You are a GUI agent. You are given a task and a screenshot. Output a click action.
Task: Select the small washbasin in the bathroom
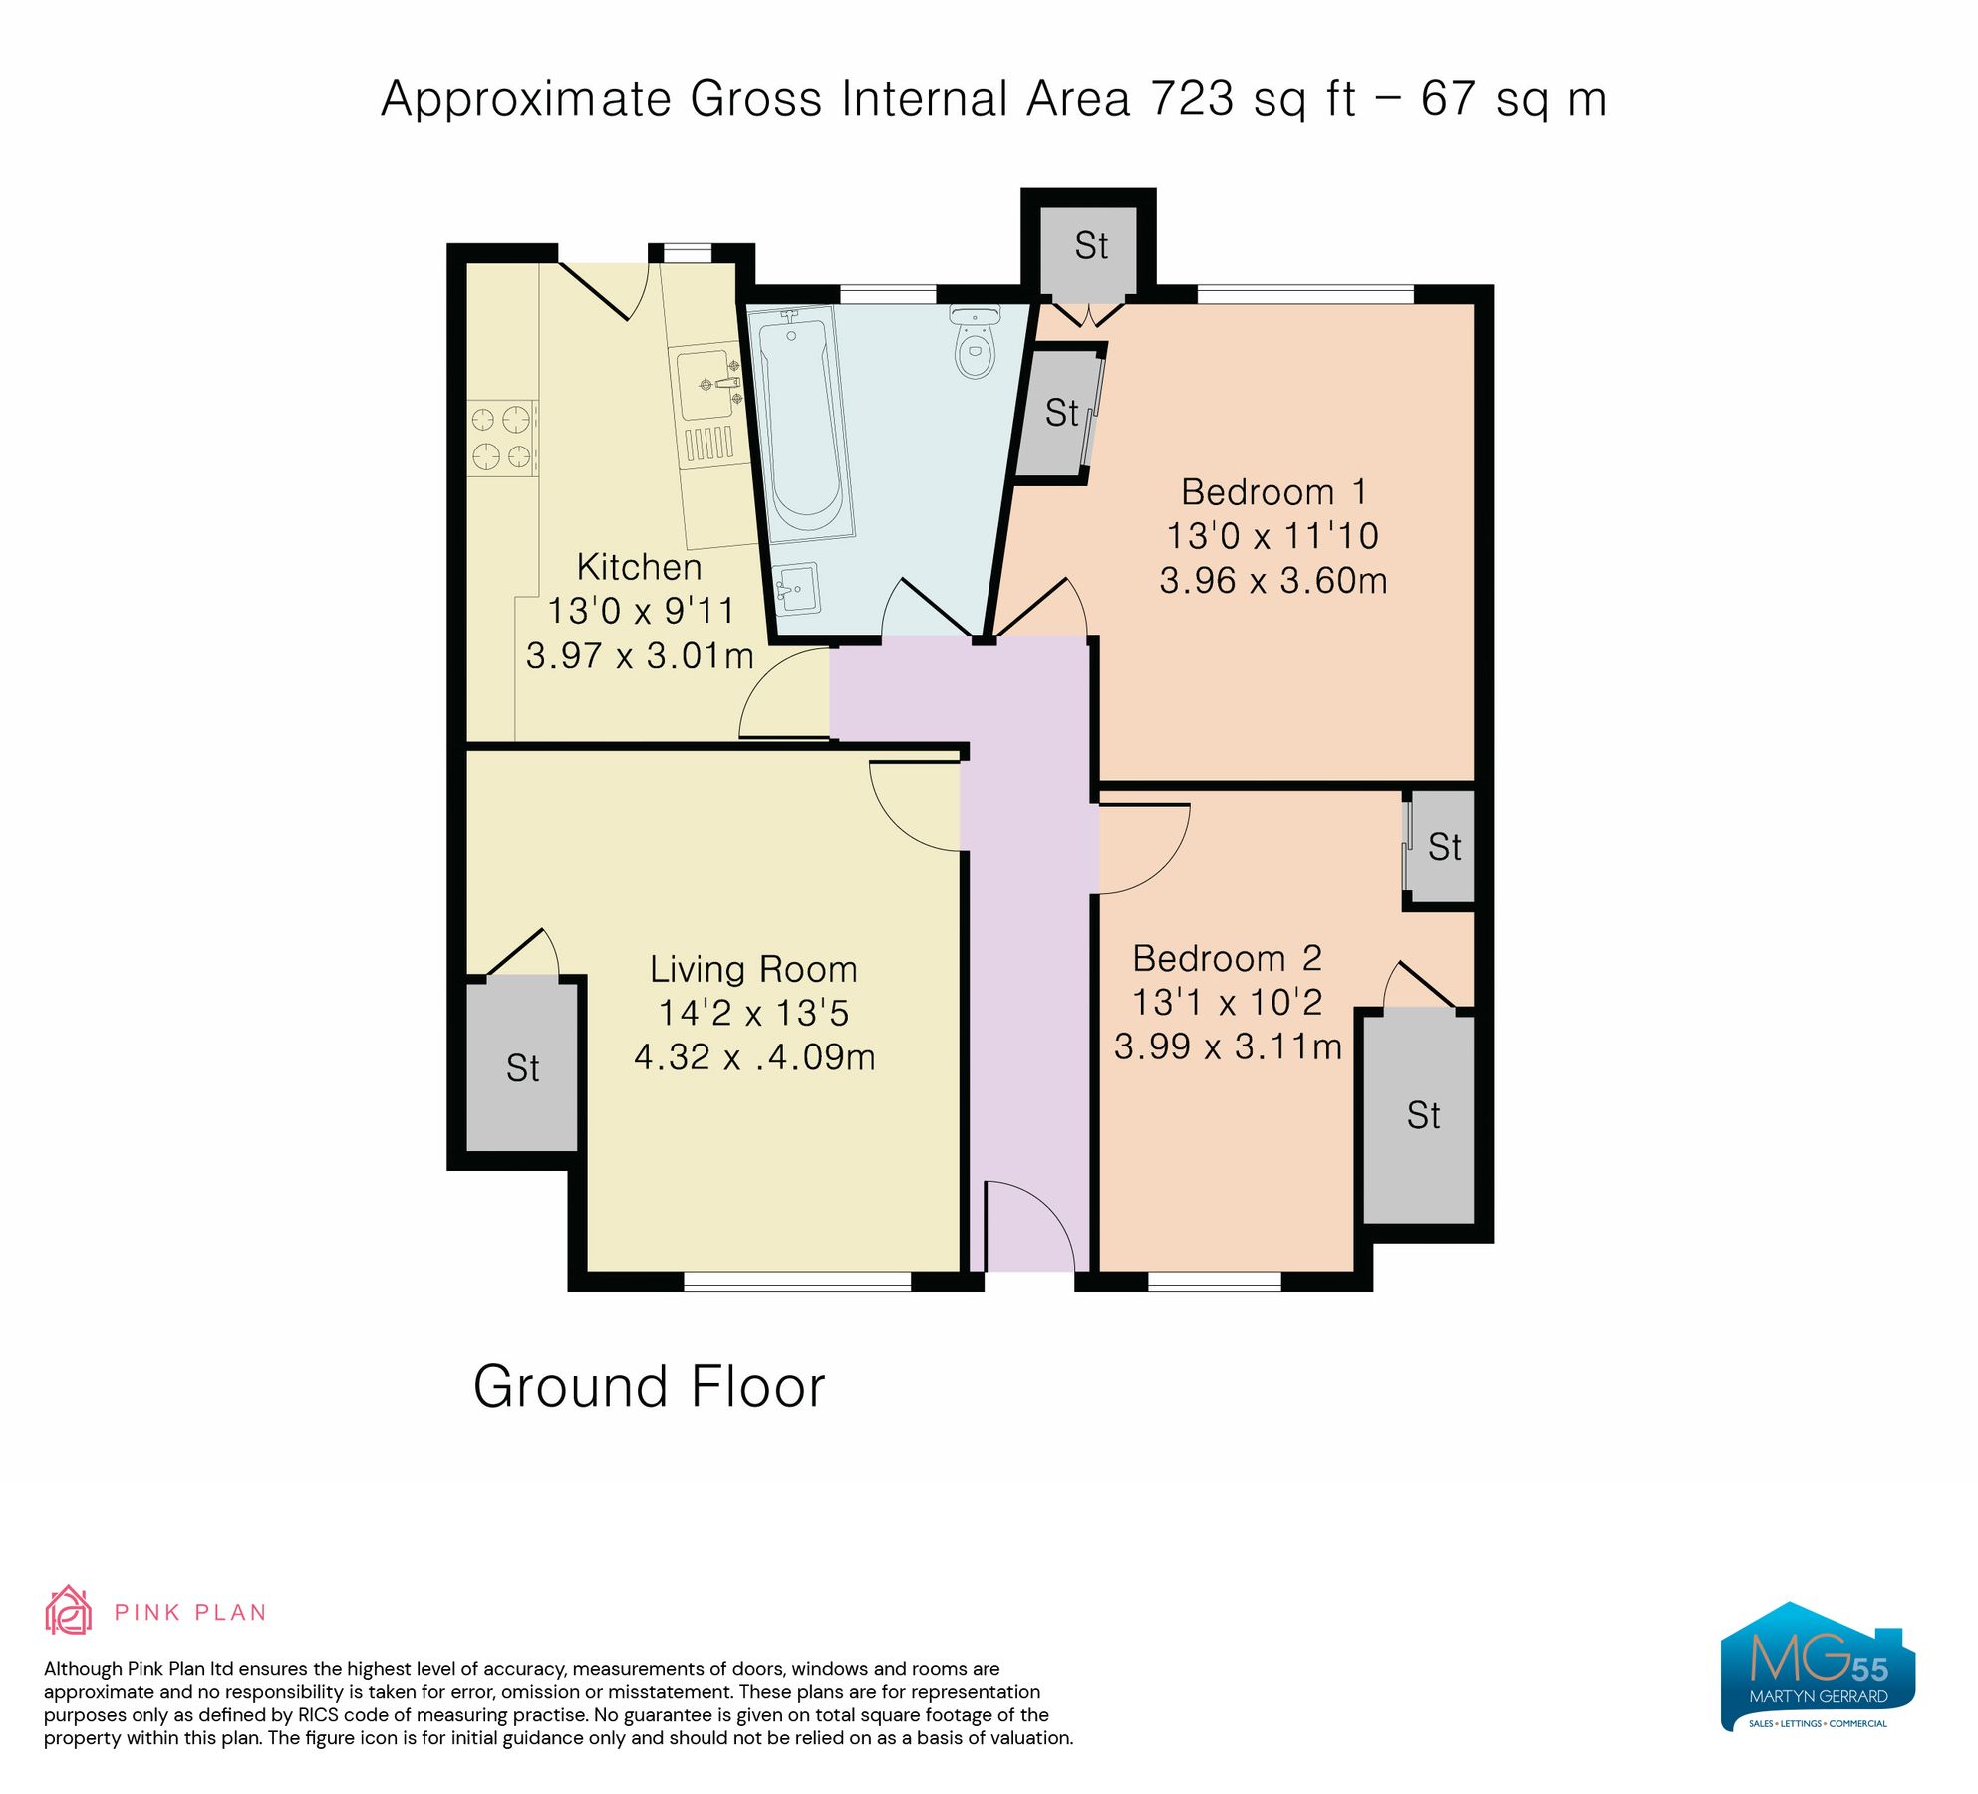(x=796, y=589)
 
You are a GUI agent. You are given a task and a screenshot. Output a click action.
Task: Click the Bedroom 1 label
(x=1272, y=492)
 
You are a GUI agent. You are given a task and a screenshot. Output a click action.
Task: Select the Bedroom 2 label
(x=1227, y=959)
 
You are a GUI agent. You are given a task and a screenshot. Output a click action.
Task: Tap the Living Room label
(x=753, y=969)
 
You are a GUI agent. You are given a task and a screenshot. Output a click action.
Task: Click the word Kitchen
(x=639, y=567)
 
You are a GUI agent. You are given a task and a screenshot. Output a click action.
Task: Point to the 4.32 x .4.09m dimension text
(x=754, y=1057)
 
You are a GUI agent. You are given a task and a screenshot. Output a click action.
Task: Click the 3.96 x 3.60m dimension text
(x=1272, y=580)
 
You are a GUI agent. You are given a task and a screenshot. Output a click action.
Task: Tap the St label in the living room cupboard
(x=522, y=1068)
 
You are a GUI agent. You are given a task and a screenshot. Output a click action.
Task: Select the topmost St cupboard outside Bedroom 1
(x=1090, y=245)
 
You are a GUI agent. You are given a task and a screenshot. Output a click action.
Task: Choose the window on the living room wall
(x=797, y=1282)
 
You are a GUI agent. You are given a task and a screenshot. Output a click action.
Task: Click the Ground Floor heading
(x=649, y=1387)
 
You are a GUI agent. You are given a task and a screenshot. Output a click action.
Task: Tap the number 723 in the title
(x=1192, y=99)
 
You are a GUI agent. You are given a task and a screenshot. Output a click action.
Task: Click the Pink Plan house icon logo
(x=68, y=1610)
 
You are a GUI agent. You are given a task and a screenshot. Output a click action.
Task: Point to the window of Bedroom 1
(x=1304, y=294)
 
